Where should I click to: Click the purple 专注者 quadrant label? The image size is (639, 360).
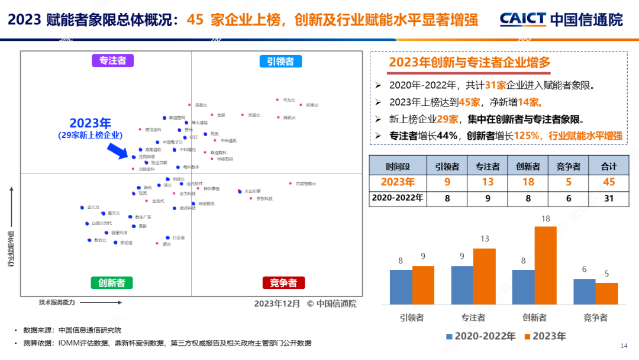coord(112,60)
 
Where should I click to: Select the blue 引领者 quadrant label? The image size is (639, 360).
coord(280,61)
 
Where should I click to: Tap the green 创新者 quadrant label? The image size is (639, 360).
coord(111,282)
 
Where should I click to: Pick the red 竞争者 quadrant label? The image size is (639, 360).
coord(283,282)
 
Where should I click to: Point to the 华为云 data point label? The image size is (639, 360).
coord(288,100)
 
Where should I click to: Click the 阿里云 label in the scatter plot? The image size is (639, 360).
coord(312,105)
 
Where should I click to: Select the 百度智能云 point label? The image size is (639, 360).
coord(305,184)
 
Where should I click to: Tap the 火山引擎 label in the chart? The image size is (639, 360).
coord(253,191)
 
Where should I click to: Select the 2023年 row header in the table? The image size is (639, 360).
coord(397,182)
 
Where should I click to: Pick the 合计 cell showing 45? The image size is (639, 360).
coord(608,182)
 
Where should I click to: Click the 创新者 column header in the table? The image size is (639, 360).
coord(528,166)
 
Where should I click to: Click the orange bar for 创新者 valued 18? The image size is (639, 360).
coord(546,265)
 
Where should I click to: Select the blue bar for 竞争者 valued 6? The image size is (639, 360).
coord(584,291)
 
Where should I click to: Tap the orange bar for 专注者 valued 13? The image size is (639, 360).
coord(484,276)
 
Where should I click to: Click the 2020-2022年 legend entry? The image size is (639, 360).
coord(480,336)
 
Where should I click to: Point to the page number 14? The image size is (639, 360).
coord(623,346)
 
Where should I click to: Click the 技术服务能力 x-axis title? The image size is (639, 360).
coord(57,303)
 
